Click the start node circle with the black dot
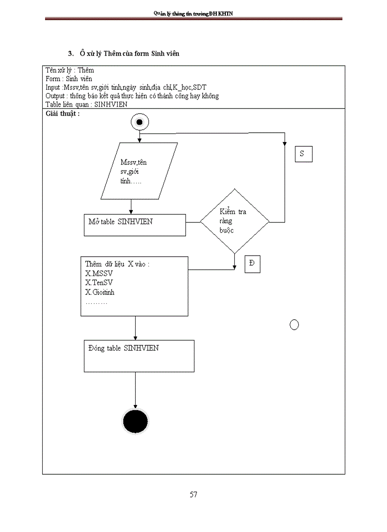pos(139,122)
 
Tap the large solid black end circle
pos(136,421)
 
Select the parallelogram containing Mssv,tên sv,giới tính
pos(139,171)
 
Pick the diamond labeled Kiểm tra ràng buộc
pos(234,221)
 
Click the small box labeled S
pos(304,154)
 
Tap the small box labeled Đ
pos(252,264)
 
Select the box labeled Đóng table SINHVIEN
pos(139,356)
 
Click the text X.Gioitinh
pos(100,292)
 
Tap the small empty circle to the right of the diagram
pos(294,325)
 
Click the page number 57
pos(193,495)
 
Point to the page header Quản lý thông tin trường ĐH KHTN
pos(193,14)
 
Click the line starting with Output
pos(132,96)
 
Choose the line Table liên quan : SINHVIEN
pos(86,104)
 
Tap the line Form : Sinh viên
pos(69,79)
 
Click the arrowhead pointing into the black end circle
pos(136,406)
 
